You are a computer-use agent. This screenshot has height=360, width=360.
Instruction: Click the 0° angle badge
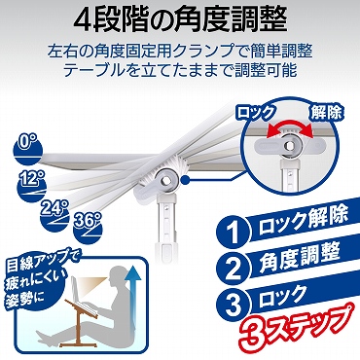[28, 150]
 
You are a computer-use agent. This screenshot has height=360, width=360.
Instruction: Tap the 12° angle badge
[32, 186]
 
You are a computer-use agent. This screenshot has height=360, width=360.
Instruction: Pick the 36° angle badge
[89, 229]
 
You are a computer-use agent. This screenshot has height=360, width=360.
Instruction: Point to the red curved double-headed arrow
[289, 126]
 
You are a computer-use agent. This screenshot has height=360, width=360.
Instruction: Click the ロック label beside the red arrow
[256, 113]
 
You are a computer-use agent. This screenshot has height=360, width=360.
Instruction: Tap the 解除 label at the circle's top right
[326, 114]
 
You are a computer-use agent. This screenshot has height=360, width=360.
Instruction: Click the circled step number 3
[233, 305]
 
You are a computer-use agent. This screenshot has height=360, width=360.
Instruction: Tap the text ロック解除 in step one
[304, 220]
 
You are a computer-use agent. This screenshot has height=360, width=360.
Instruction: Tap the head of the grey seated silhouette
[116, 277]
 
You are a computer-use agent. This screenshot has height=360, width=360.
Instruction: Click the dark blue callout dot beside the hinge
[185, 179]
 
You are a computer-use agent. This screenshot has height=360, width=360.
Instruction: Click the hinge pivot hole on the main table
[165, 179]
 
